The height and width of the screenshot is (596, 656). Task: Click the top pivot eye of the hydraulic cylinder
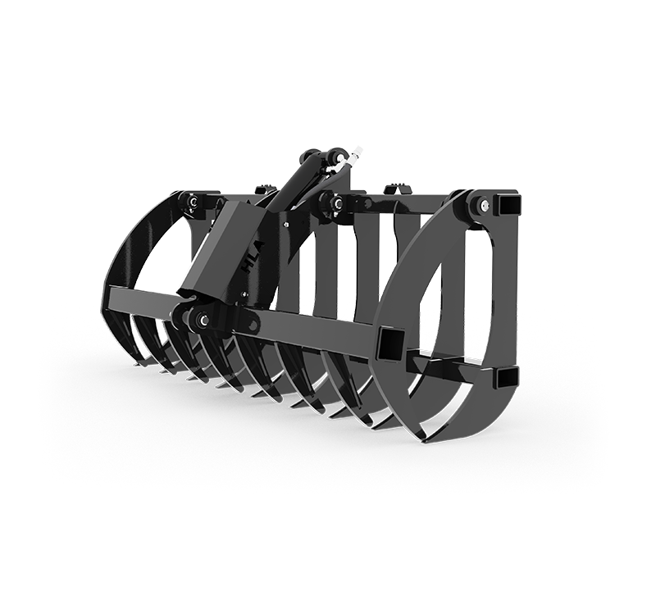336,156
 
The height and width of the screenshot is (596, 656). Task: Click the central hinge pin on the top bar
337,202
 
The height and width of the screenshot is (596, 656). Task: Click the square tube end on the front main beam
389,342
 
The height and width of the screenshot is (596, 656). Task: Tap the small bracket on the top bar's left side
264,190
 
